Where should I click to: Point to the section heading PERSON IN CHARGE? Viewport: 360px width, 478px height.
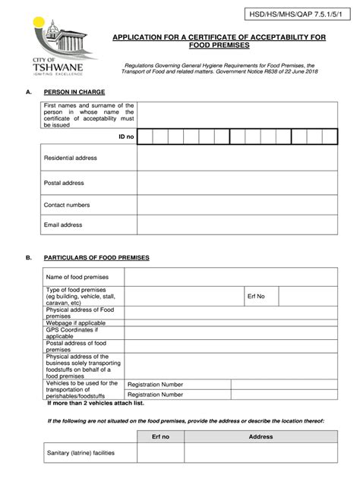click(74, 92)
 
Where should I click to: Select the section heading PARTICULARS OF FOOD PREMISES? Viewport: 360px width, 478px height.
click(96, 258)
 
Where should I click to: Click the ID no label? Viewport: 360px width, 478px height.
click(125, 137)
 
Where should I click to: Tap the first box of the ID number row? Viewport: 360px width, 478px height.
click(144, 137)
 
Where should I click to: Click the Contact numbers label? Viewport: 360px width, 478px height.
click(67, 205)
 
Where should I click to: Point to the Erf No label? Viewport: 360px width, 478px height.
click(255, 296)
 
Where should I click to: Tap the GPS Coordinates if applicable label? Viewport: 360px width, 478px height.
click(72, 332)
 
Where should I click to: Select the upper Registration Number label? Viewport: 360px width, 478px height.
click(155, 384)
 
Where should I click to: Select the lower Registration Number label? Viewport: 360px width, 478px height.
click(155, 395)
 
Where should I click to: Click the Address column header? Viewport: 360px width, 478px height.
click(261, 437)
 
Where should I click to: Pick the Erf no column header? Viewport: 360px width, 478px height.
click(161, 437)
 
